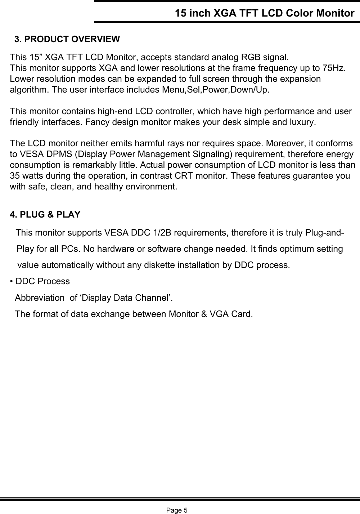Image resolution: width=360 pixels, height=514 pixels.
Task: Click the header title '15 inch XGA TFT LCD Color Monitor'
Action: click(264, 13)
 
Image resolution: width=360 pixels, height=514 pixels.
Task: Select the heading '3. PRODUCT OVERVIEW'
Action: click(67, 39)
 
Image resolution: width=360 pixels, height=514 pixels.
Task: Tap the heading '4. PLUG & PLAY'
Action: click(45, 215)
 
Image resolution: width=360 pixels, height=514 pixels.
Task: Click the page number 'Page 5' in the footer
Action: click(177, 510)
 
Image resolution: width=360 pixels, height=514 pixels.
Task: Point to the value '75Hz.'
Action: click(335, 68)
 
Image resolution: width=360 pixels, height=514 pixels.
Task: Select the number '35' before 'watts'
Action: click(15, 176)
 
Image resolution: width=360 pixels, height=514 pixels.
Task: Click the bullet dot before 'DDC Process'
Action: click(12, 281)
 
